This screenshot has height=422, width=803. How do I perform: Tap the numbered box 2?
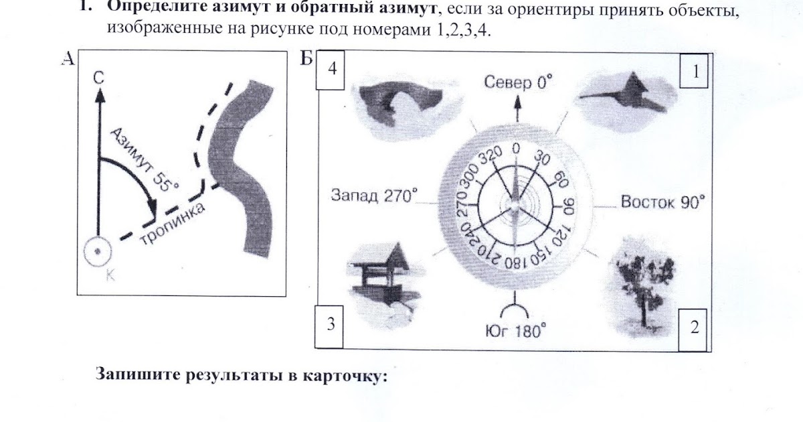click(695, 328)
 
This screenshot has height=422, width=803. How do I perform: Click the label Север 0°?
click(520, 83)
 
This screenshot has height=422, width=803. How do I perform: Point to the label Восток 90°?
click(662, 202)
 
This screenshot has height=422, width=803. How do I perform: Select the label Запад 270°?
click(374, 196)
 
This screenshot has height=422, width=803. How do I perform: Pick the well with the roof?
click(379, 275)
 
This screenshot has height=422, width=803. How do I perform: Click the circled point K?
click(98, 251)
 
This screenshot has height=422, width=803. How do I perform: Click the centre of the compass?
click(514, 201)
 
